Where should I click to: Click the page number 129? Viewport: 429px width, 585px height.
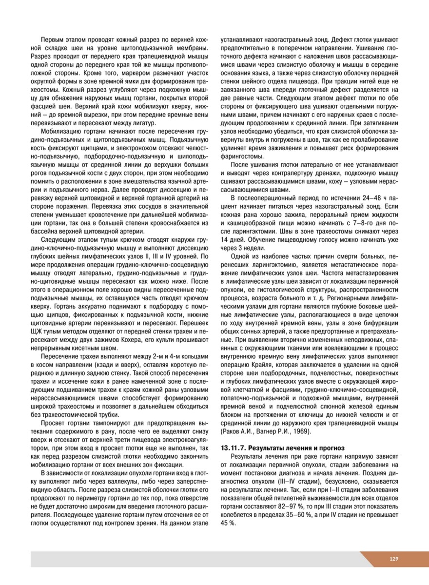point(394,559)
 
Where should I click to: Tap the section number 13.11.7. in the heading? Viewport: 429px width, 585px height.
point(235,448)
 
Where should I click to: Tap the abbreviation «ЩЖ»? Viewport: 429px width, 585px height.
point(38,331)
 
